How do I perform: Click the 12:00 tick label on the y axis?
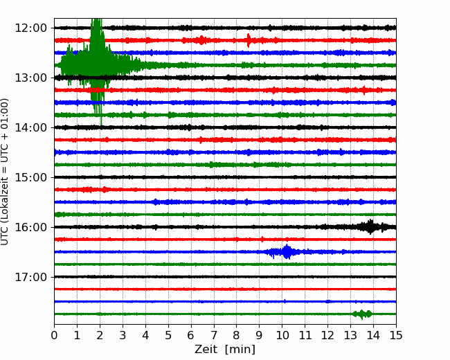pos(30,28)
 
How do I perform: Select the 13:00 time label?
pos(30,78)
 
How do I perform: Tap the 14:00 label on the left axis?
pos(30,127)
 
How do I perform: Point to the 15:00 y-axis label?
pos(30,177)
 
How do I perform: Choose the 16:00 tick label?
pos(30,227)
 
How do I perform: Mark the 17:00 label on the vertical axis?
pos(30,277)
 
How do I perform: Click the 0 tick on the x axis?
pos(54,335)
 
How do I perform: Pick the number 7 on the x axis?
pos(213,335)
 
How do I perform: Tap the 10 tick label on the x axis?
pos(282,335)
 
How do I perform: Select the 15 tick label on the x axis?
pos(396,335)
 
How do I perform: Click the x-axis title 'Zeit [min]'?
pos(225,350)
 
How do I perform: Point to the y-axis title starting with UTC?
pos(5,172)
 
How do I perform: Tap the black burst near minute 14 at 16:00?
pos(370,227)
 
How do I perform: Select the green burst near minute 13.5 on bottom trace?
pos(362,314)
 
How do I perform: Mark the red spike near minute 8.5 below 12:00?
pos(249,40)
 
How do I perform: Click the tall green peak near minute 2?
pos(97,66)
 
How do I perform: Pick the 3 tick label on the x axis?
pos(123,335)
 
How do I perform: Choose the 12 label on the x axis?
pos(327,335)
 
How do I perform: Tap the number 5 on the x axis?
pos(168,335)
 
